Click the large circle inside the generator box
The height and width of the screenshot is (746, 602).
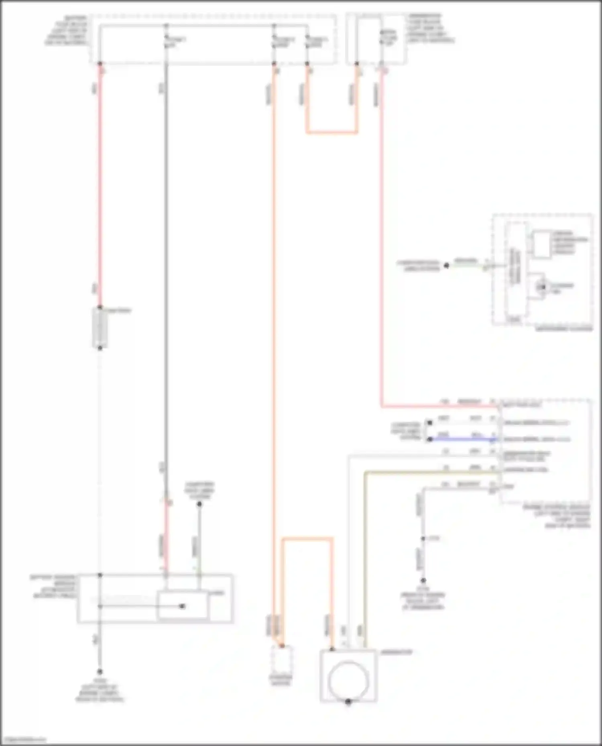coord(348,680)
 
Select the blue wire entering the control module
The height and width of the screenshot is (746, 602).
coord(462,439)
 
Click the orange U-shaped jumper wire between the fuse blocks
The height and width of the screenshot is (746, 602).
coord(332,132)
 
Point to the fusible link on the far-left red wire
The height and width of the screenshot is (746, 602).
coord(100,328)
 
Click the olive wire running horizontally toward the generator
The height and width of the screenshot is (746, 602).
coord(429,473)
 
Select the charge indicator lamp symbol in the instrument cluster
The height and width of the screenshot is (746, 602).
coord(542,287)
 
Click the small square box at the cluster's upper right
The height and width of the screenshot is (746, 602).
coord(541,244)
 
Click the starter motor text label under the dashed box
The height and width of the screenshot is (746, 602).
coord(281,680)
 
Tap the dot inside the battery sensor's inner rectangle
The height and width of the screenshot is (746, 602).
coord(182,606)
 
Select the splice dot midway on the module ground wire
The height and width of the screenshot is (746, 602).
coord(423,539)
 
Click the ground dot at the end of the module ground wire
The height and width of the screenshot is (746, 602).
coord(423,580)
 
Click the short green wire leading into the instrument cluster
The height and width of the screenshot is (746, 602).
coord(468,265)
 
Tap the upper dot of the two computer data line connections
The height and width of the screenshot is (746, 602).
coord(430,423)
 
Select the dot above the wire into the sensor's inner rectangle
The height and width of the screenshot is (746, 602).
coord(199,504)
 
